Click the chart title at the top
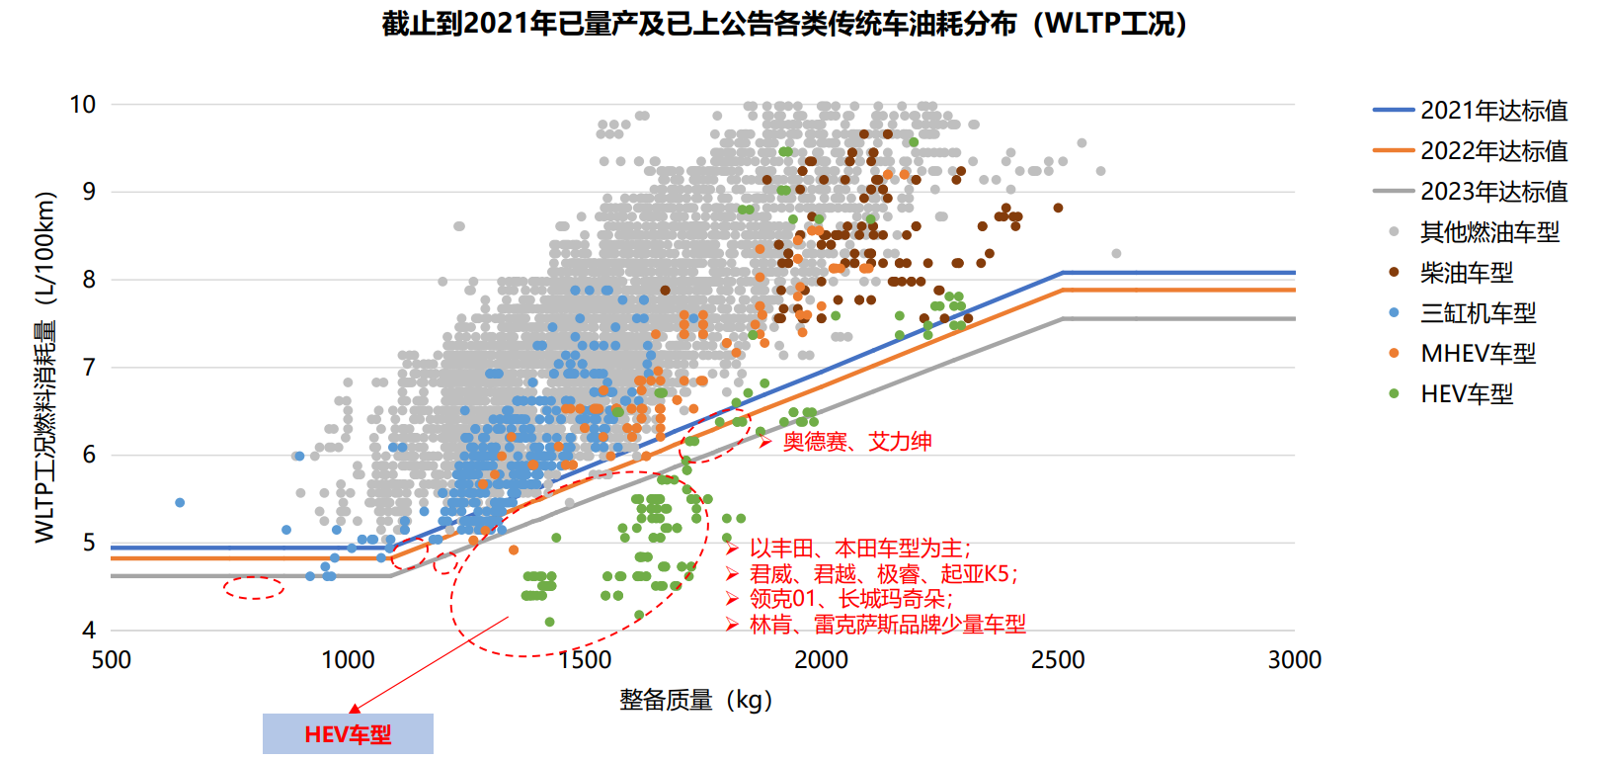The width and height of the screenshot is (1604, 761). (785, 24)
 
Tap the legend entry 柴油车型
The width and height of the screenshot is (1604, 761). (1466, 273)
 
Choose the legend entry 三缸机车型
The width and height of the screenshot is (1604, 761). (1478, 313)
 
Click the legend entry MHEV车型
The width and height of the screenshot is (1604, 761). (1478, 354)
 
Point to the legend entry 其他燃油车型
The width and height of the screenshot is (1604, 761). (1489, 232)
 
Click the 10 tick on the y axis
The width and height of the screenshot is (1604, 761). (83, 104)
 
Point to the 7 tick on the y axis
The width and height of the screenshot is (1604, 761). (89, 368)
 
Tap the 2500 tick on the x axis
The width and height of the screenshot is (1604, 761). (1058, 660)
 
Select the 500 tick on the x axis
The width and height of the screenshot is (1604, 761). (111, 660)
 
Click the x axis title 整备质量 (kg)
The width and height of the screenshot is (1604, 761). (695, 700)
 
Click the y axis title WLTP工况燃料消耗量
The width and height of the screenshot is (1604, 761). (44, 366)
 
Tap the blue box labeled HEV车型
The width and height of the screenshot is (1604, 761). (348, 734)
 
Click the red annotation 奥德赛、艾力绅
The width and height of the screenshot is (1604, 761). (856, 442)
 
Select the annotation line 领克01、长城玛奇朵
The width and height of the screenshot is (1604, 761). (850, 599)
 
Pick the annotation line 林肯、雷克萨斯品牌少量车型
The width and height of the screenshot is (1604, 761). (887, 625)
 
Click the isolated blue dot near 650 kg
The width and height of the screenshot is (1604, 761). (180, 503)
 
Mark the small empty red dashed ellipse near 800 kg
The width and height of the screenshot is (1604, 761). (254, 588)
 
